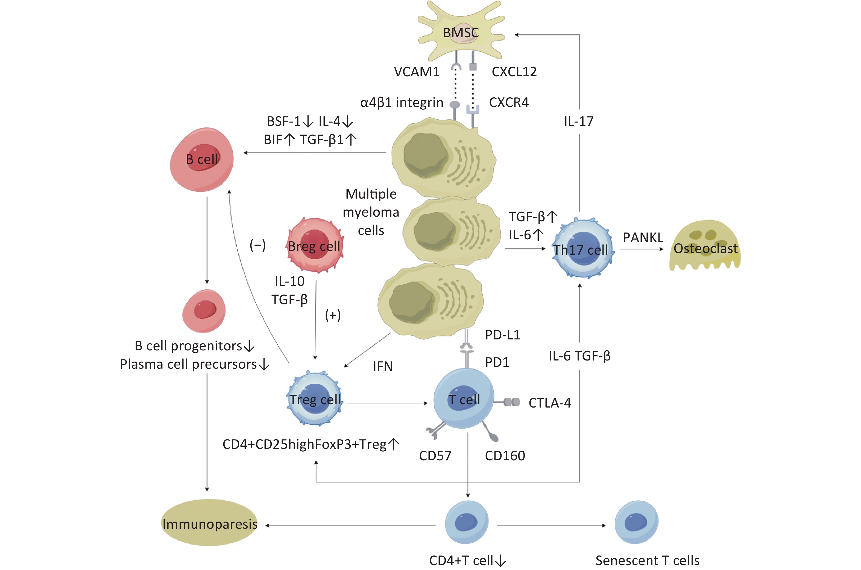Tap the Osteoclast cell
pos(705,246)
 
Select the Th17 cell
pos(583,248)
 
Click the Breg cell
pos(315,245)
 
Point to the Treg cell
pos(315,398)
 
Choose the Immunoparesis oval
pos(209,522)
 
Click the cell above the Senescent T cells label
pos(636,522)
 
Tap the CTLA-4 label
pos(550,403)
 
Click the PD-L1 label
pos(502,335)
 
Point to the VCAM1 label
pos(417,72)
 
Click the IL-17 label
pos(579,121)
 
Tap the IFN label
pos(383,366)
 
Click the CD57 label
pos(435,455)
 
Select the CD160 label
pos(505,455)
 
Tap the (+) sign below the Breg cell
pos(333,315)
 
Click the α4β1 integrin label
pos(402,103)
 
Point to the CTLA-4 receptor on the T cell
pos(507,402)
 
